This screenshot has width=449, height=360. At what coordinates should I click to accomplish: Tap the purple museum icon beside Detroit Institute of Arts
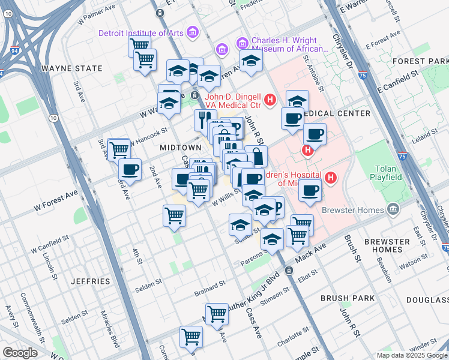(193, 32)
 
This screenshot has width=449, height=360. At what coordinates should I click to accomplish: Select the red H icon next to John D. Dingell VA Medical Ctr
(270, 99)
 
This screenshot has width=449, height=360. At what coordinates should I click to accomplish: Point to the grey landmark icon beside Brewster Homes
(393, 209)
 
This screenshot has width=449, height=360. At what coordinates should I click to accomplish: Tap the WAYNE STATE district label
(72, 68)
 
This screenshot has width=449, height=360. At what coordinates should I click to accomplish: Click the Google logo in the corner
(20, 353)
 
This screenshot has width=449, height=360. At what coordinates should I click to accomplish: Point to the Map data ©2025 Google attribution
(412, 355)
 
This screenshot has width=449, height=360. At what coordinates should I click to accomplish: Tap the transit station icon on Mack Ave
(289, 271)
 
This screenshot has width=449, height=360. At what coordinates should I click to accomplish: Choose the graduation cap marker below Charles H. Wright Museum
(251, 61)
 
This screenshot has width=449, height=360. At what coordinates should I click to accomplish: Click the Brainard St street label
(209, 289)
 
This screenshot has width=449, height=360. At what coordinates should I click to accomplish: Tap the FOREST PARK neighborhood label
(420, 61)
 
